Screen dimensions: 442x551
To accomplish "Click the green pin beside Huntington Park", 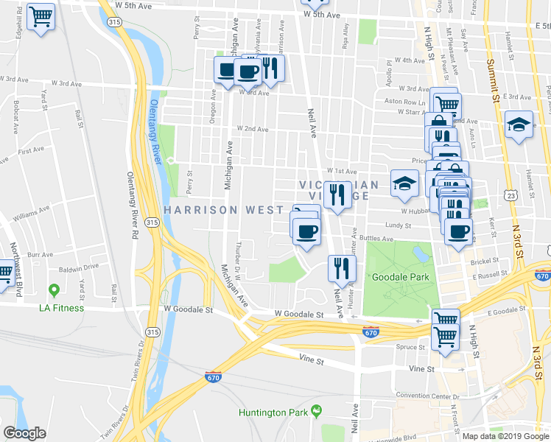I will (317, 410).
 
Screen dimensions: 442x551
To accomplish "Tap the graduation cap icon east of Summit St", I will (519, 124).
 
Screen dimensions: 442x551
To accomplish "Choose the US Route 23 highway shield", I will (512, 194).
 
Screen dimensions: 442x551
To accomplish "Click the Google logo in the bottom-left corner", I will (24, 433).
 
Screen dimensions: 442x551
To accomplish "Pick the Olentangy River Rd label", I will (133, 214).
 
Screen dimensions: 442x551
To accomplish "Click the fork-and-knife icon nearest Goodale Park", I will (340, 268).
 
